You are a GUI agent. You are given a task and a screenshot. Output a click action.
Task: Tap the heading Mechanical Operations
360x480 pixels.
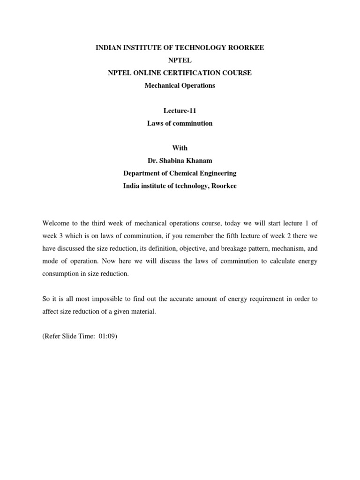point(180,86)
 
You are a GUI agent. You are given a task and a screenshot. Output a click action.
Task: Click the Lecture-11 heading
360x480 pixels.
point(180,111)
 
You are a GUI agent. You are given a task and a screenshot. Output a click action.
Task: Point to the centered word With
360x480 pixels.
point(180,148)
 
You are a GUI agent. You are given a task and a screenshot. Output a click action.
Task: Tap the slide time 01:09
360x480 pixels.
point(106,337)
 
